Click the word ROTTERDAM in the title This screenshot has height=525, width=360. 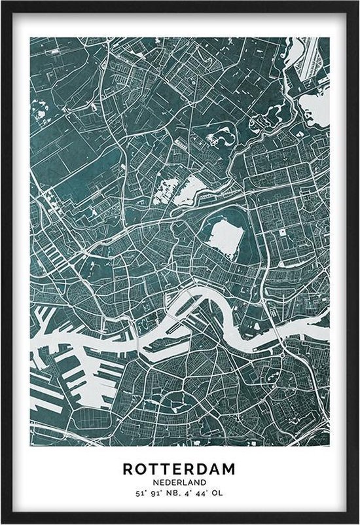pyautogui.click(x=180, y=469)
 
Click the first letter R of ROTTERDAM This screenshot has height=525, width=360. pyautogui.click(x=128, y=469)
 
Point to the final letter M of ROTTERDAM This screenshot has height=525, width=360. pyautogui.click(x=232, y=469)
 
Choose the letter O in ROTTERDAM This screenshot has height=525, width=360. pyautogui.click(x=140, y=469)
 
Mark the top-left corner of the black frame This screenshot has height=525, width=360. pyautogui.click(x=3, y=3)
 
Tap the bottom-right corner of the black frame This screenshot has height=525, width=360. pyautogui.click(x=357, y=522)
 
